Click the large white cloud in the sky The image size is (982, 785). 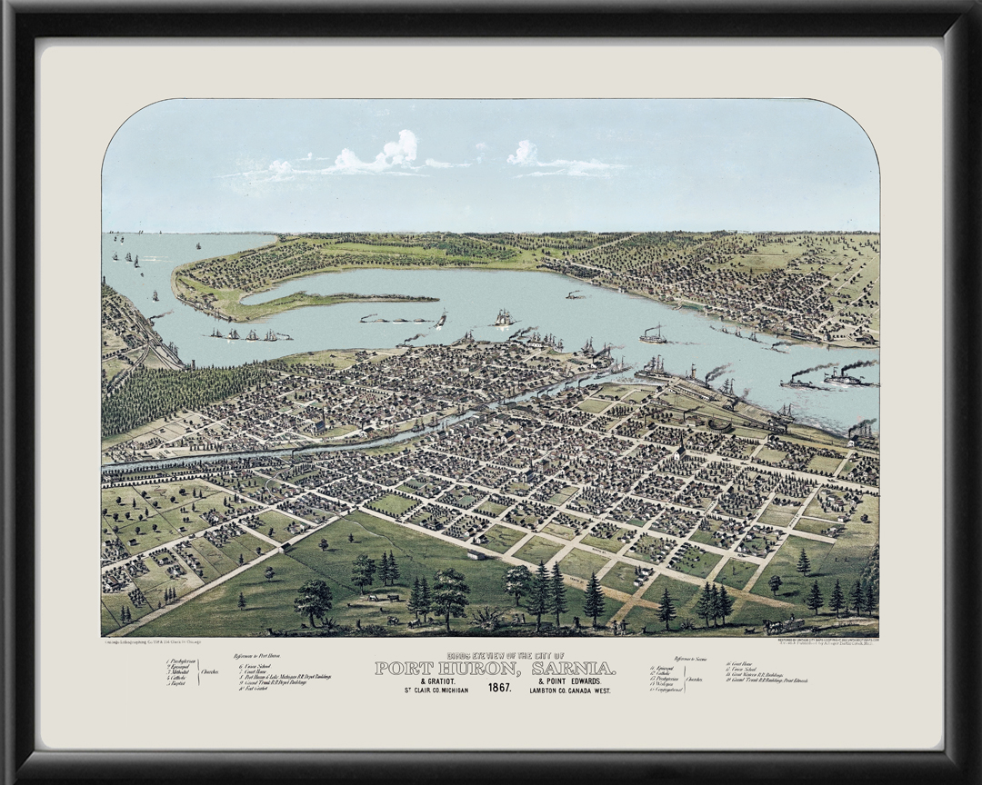(x=377, y=156)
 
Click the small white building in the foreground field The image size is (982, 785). (x=475, y=553)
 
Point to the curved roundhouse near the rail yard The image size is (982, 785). (x=717, y=423)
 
